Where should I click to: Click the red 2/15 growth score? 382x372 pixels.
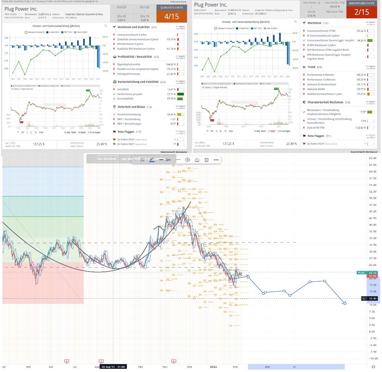click(x=362, y=12)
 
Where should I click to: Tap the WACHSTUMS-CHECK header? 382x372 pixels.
click(x=362, y=3)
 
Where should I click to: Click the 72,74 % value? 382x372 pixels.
click(x=170, y=94)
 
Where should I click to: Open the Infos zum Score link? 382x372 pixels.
click(x=178, y=2)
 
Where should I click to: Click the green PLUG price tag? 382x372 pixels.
click(x=361, y=272)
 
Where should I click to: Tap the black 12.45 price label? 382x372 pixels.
click(x=372, y=299)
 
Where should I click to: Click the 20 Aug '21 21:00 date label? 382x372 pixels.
click(x=113, y=367)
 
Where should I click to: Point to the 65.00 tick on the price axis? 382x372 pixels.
click(x=372, y=158)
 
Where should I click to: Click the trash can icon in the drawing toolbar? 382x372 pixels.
click(x=207, y=160)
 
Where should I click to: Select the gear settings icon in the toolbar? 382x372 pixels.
click(x=188, y=160)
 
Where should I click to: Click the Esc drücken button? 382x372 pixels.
click(x=107, y=159)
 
